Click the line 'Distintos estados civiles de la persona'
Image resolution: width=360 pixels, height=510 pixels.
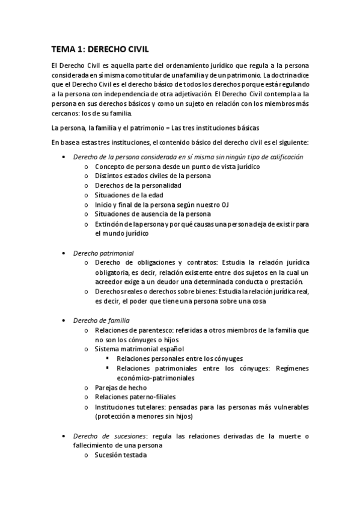point(153,176)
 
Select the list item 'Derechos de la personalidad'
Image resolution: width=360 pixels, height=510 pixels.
point(138,185)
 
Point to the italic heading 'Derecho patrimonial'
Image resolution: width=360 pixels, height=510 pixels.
point(103,253)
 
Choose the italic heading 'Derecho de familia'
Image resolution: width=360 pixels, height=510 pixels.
point(101,321)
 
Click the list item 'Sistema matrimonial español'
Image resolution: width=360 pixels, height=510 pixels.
point(139,349)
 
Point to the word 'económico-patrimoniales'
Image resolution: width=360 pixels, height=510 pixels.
point(156,378)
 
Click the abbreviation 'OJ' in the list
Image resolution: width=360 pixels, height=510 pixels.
point(225,204)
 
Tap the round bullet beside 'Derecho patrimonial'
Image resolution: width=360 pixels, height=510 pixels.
point(64,254)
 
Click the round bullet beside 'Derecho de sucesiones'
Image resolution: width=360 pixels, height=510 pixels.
point(64,436)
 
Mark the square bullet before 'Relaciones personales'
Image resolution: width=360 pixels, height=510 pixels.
point(107,358)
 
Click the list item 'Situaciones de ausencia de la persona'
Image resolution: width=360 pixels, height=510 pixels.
point(153,214)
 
